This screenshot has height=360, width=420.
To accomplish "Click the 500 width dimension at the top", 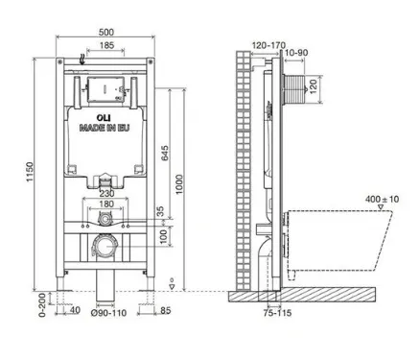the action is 106,33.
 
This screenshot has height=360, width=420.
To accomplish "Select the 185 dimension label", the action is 106,45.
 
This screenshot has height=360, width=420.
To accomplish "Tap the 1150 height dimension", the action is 30,172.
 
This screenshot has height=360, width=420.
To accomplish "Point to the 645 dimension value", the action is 164,154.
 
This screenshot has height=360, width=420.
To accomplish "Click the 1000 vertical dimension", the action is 179,184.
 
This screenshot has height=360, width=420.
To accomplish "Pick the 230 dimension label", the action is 106,194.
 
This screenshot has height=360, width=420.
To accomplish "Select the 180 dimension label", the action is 106,204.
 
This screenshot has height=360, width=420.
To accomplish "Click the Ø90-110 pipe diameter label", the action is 108,313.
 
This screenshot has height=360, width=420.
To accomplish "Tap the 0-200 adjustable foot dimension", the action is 43,305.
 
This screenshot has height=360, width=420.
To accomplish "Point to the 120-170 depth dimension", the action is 268,45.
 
